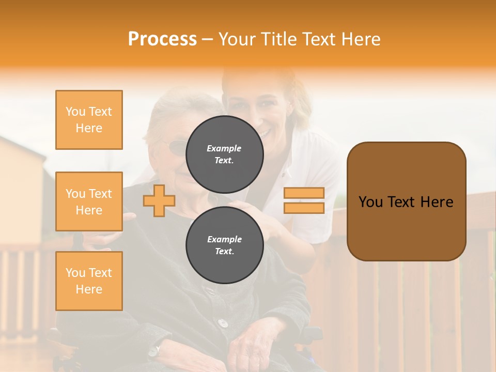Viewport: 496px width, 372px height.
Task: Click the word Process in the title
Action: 162,39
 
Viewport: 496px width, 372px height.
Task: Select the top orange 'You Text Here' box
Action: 89,120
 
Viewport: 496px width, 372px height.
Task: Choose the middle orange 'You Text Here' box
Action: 89,202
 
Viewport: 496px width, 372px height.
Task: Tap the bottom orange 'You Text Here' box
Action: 89,281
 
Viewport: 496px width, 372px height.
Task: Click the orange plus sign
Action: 159,200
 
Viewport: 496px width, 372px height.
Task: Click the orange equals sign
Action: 304,200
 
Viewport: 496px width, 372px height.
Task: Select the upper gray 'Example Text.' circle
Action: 224,154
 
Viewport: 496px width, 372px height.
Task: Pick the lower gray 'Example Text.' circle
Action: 224,245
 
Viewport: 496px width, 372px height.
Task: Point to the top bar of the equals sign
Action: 304,193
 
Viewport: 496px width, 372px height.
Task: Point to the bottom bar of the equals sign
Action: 304,208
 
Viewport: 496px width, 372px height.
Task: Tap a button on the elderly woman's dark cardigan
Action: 223,323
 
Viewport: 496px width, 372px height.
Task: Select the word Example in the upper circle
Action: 224,148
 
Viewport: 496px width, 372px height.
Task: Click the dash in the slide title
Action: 208,39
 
